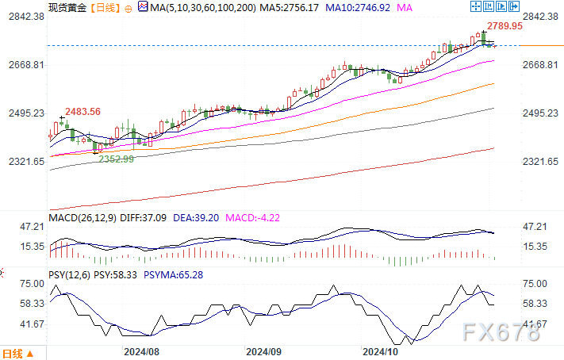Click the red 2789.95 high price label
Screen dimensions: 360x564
pyautogui.click(x=505, y=26)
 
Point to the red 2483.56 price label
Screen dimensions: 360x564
pyautogui.click(x=82, y=112)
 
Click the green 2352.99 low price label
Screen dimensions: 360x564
pyautogui.click(x=116, y=159)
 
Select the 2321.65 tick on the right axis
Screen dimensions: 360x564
pyautogui.click(x=543, y=162)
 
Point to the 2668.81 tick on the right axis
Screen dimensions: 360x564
pyautogui.click(x=543, y=65)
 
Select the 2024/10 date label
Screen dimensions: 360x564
pyautogui.click(x=379, y=350)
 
